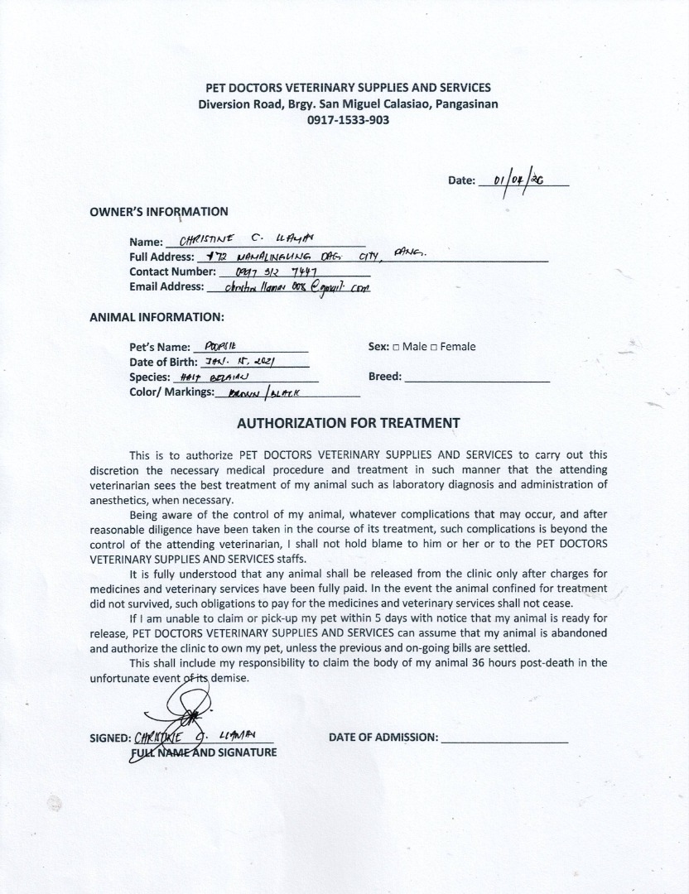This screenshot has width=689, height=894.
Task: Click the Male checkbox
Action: pos(396,348)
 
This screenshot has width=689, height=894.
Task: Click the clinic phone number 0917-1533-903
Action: pos(348,119)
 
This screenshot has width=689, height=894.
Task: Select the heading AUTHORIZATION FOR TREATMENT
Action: pos(348,422)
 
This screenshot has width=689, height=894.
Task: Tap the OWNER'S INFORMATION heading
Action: pos(159,212)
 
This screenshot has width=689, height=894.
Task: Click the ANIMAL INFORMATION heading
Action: pos(157,316)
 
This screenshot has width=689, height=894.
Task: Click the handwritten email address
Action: pos(289,287)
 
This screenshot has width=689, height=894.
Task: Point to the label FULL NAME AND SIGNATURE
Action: pos(203,752)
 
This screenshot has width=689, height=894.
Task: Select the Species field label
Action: pos(149,377)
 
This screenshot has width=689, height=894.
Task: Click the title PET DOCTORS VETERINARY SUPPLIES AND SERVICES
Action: pos(348,88)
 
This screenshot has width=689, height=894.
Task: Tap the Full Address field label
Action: pos(163,257)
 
